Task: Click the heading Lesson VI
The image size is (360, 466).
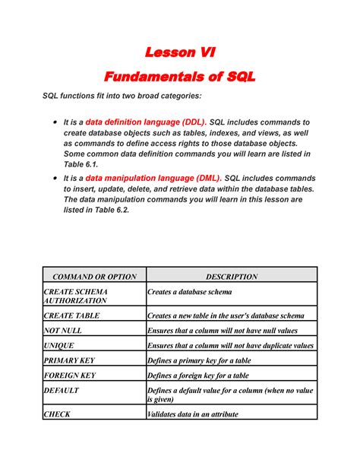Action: tap(180, 52)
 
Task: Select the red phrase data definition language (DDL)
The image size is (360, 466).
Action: tap(145, 122)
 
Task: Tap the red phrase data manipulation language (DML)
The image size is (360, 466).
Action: tap(150, 178)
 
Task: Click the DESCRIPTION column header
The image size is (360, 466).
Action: tap(231, 277)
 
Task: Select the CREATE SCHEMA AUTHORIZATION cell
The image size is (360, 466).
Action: tap(76, 296)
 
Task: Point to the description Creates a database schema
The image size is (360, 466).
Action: tap(189, 292)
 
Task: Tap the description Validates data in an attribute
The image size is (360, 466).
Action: tap(192, 414)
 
